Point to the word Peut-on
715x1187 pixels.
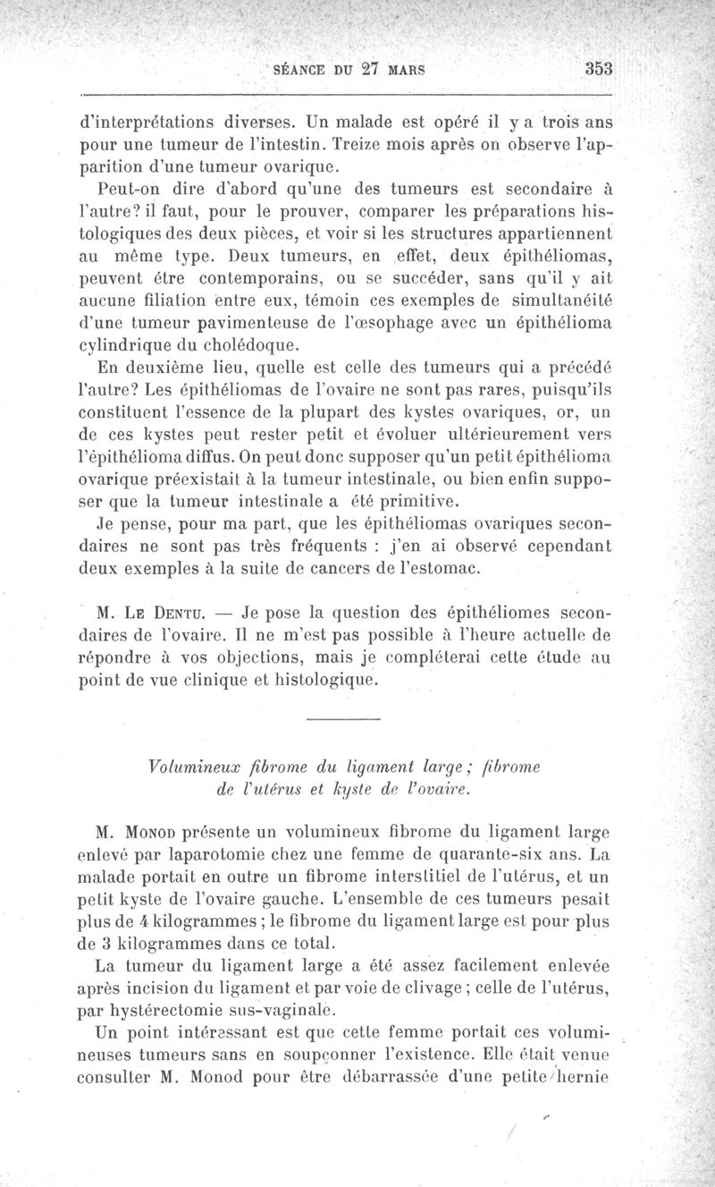click(x=130, y=189)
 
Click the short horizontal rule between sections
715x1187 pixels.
click(x=343, y=720)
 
